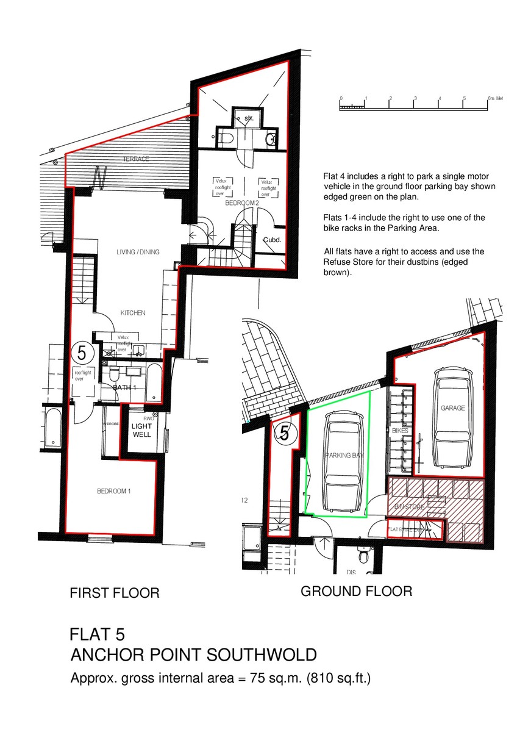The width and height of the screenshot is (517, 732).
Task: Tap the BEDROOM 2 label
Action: (243, 203)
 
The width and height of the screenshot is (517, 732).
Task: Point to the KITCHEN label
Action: (132, 313)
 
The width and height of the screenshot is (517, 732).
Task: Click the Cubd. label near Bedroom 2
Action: (272, 240)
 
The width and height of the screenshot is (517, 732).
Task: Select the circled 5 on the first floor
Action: (81, 353)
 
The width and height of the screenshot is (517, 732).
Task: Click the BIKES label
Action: (400, 431)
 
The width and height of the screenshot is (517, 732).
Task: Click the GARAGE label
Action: (452, 408)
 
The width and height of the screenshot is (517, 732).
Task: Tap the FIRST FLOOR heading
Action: (115, 592)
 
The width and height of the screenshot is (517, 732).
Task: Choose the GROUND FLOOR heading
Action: (356, 591)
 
